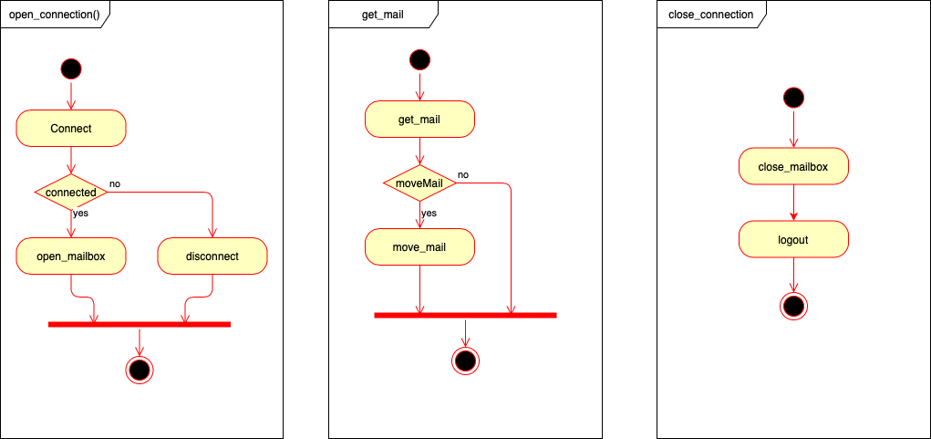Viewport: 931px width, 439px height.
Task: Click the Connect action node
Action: tap(71, 129)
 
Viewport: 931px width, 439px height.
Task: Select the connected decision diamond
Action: tap(71, 193)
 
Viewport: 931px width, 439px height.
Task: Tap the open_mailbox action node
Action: tap(71, 256)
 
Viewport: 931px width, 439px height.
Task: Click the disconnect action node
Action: tap(212, 256)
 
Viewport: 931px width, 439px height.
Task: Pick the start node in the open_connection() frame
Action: tap(71, 68)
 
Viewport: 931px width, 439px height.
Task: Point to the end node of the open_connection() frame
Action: tap(139, 370)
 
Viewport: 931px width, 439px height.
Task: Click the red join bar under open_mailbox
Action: tap(139, 324)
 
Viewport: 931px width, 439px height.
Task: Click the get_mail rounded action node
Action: tap(419, 120)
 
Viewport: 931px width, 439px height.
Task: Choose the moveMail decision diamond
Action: tap(419, 183)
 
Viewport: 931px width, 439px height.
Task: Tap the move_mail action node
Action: tap(419, 247)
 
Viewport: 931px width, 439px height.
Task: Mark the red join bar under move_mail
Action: tap(465, 315)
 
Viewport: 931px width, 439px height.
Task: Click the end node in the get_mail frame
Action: tap(465, 361)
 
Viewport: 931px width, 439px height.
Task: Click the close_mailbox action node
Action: tap(793, 167)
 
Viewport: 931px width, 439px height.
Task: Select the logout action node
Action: tap(793, 240)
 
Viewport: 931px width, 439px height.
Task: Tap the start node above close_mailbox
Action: tap(793, 97)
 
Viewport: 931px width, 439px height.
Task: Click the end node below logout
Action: tap(793, 306)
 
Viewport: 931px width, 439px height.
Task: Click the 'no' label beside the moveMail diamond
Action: tap(463, 174)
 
